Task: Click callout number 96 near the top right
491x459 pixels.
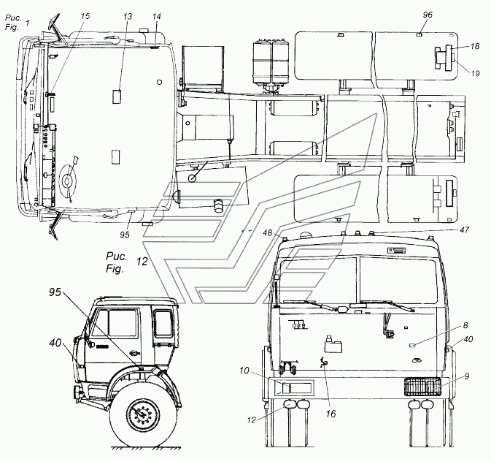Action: point(428,15)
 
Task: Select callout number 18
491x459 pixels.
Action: point(474,46)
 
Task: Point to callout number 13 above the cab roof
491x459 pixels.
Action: point(128,15)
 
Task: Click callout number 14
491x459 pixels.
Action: point(157,15)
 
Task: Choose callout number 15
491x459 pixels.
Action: point(85,15)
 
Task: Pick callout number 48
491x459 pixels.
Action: point(268,232)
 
